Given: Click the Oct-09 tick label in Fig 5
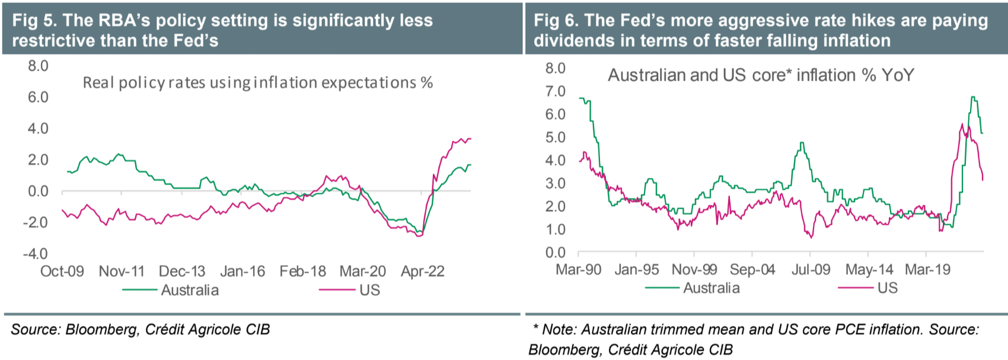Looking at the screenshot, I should [62, 272].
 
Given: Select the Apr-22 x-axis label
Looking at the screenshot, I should [422, 272].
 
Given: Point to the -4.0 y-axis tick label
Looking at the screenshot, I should [36, 254].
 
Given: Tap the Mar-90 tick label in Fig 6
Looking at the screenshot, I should [578, 270].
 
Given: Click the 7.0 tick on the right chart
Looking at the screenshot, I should [555, 91].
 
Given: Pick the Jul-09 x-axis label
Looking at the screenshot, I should [811, 270].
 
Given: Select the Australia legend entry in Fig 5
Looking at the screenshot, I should [190, 290].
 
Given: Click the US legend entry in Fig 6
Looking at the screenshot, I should [887, 288].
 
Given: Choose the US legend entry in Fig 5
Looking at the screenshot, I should [369, 290].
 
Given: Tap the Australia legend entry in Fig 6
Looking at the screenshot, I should [711, 288].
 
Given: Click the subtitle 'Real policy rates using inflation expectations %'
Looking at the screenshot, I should [257, 82].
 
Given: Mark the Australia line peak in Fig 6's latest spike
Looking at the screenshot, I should [973, 97].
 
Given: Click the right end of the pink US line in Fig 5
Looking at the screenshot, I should [471, 139].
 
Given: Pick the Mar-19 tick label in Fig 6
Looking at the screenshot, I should [927, 270].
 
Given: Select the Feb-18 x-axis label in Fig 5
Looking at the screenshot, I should [302, 272].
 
